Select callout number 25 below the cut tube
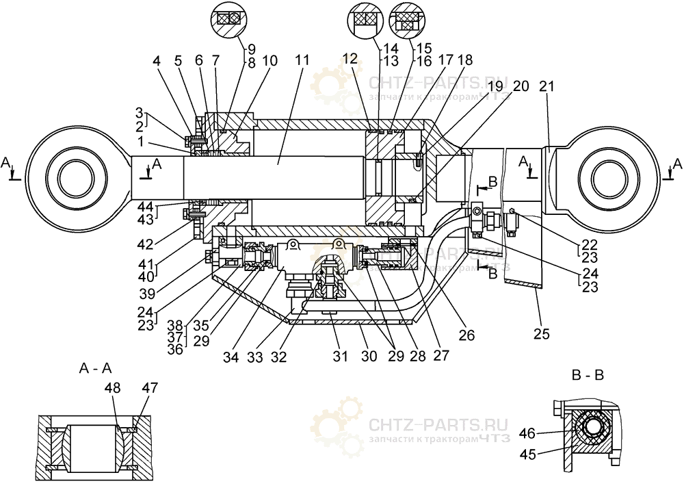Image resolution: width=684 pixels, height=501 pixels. pos(540,335)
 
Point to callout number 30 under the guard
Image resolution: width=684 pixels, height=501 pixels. pos(369,356)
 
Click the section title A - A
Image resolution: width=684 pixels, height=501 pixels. pos(96,368)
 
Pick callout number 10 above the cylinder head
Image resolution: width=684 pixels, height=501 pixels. pos(269,60)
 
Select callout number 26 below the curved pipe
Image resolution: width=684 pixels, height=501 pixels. pos(466,335)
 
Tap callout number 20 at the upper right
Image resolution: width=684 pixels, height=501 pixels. pos(521,86)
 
